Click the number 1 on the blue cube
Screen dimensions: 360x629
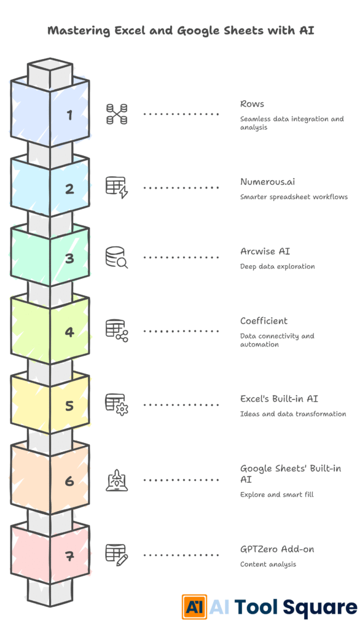(x=69, y=115)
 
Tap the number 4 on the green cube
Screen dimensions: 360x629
(x=69, y=332)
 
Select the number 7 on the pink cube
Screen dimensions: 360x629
(x=69, y=556)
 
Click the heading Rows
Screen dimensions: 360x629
(x=252, y=104)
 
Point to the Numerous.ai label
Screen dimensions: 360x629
(x=268, y=182)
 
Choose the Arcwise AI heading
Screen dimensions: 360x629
(x=265, y=251)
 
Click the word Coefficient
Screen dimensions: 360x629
(x=264, y=321)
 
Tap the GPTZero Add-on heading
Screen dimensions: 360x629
(x=277, y=549)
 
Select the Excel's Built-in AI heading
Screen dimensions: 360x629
(x=279, y=399)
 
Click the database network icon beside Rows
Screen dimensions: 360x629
(x=117, y=114)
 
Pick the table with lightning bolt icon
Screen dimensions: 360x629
(x=117, y=188)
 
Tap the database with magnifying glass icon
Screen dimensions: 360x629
(x=117, y=257)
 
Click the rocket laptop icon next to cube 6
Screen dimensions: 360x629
(x=117, y=480)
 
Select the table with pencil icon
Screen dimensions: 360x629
(x=117, y=555)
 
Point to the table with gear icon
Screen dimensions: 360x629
(x=117, y=405)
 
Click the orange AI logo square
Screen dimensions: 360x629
(x=194, y=607)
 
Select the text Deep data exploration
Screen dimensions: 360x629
(x=277, y=267)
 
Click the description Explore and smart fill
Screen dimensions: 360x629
(x=277, y=494)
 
